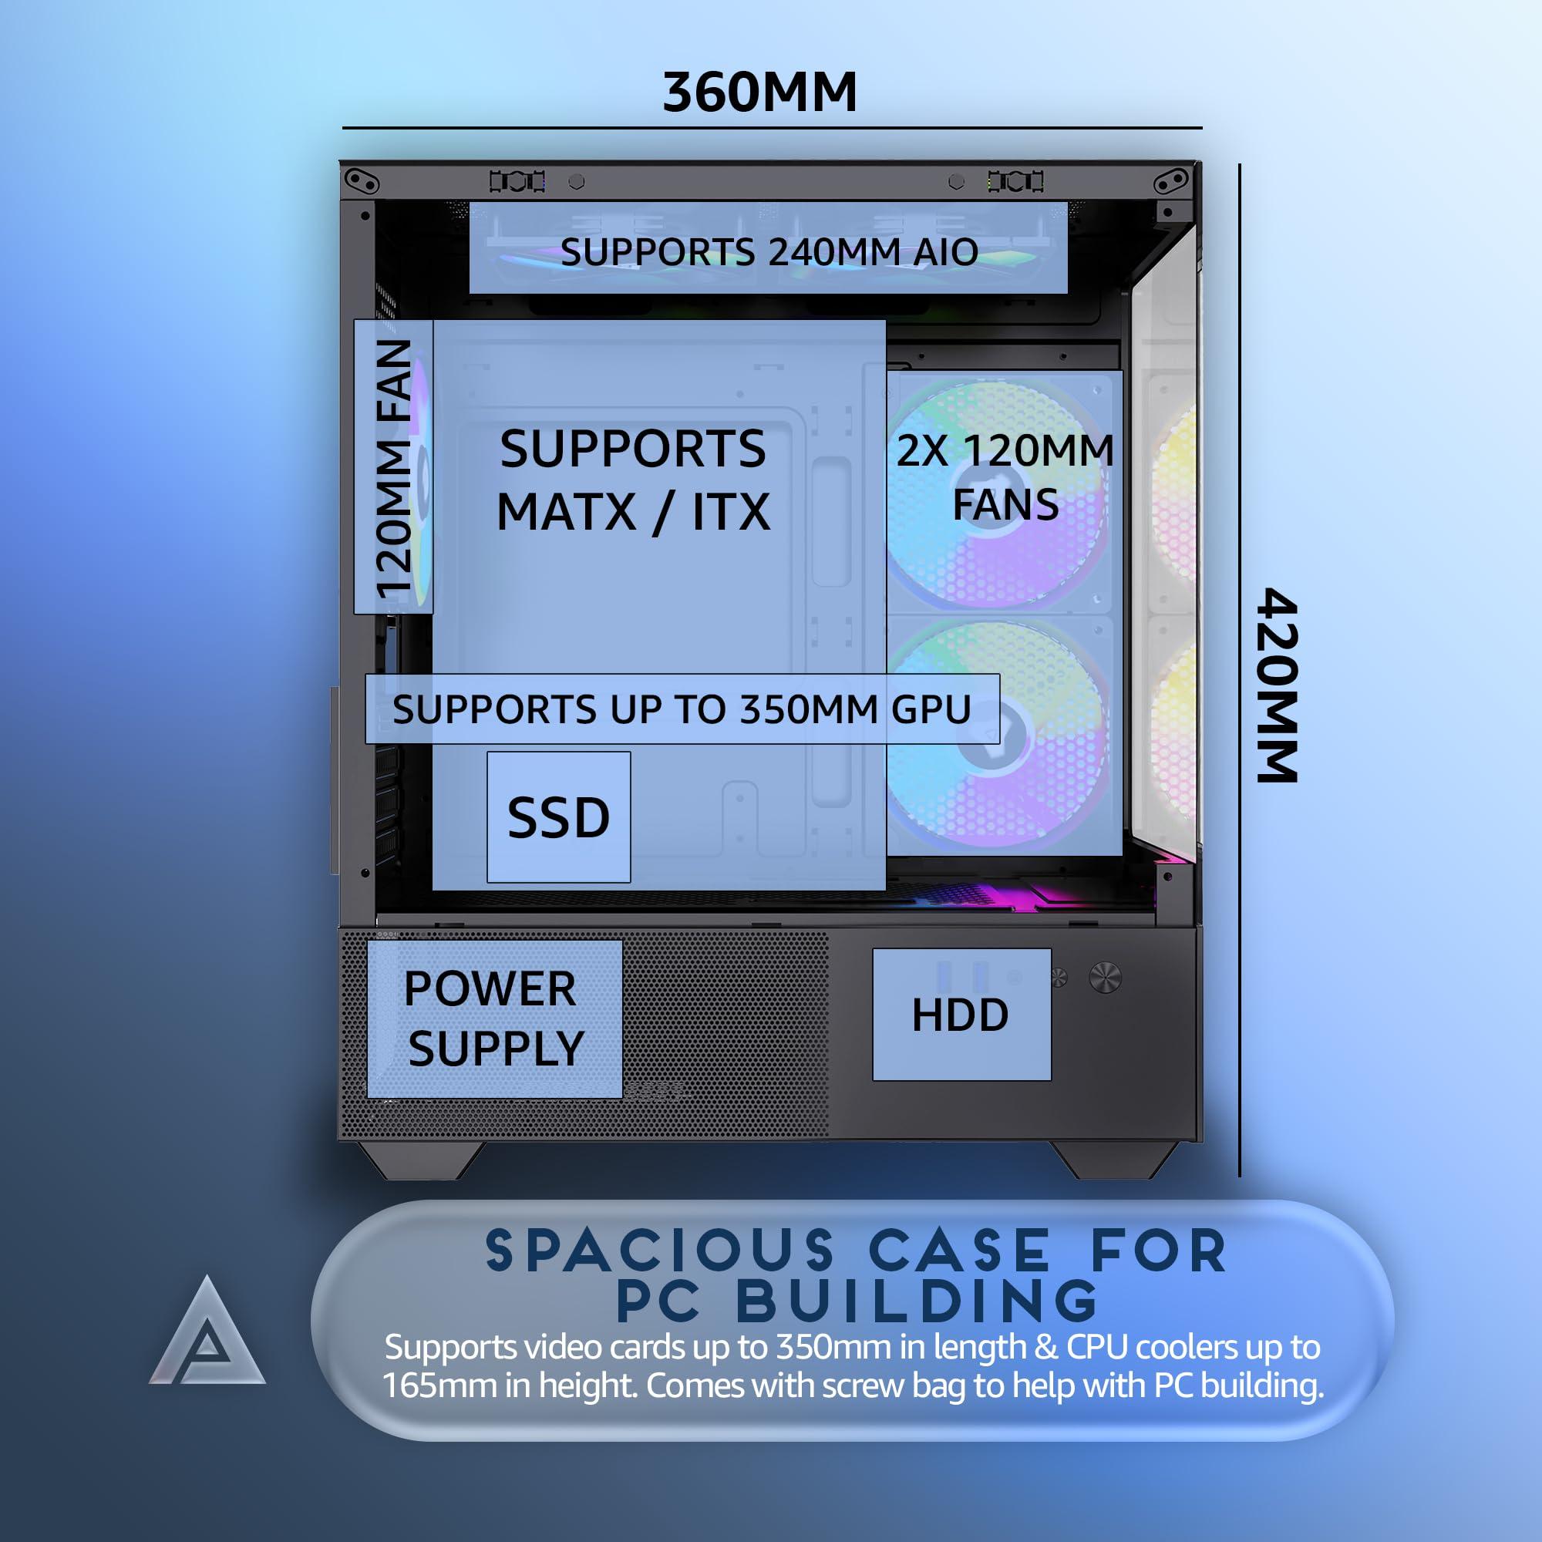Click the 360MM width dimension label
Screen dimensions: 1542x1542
tap(760, 92)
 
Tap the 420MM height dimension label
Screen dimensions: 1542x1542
tap(1276, 685)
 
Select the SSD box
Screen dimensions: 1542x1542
tap(559, 816)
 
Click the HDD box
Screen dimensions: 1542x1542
tap(961, 1015)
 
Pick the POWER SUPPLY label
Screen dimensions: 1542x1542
tap(494, 1018)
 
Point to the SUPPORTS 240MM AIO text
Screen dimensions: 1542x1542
tap(769, 252)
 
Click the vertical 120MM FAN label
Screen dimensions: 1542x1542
tap(393, 468)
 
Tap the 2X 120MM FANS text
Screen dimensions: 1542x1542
tap(1005, 477)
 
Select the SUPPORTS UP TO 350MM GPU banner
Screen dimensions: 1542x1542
tap(682, 709)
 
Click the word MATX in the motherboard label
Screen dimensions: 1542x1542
tap(566, 512)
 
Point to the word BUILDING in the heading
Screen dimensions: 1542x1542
tap(917, 1301)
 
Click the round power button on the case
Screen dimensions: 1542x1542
tap(1105, 977)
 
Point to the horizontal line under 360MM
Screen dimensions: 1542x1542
tap(772, 128)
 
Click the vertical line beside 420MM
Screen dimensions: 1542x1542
tap(1240, 671)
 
